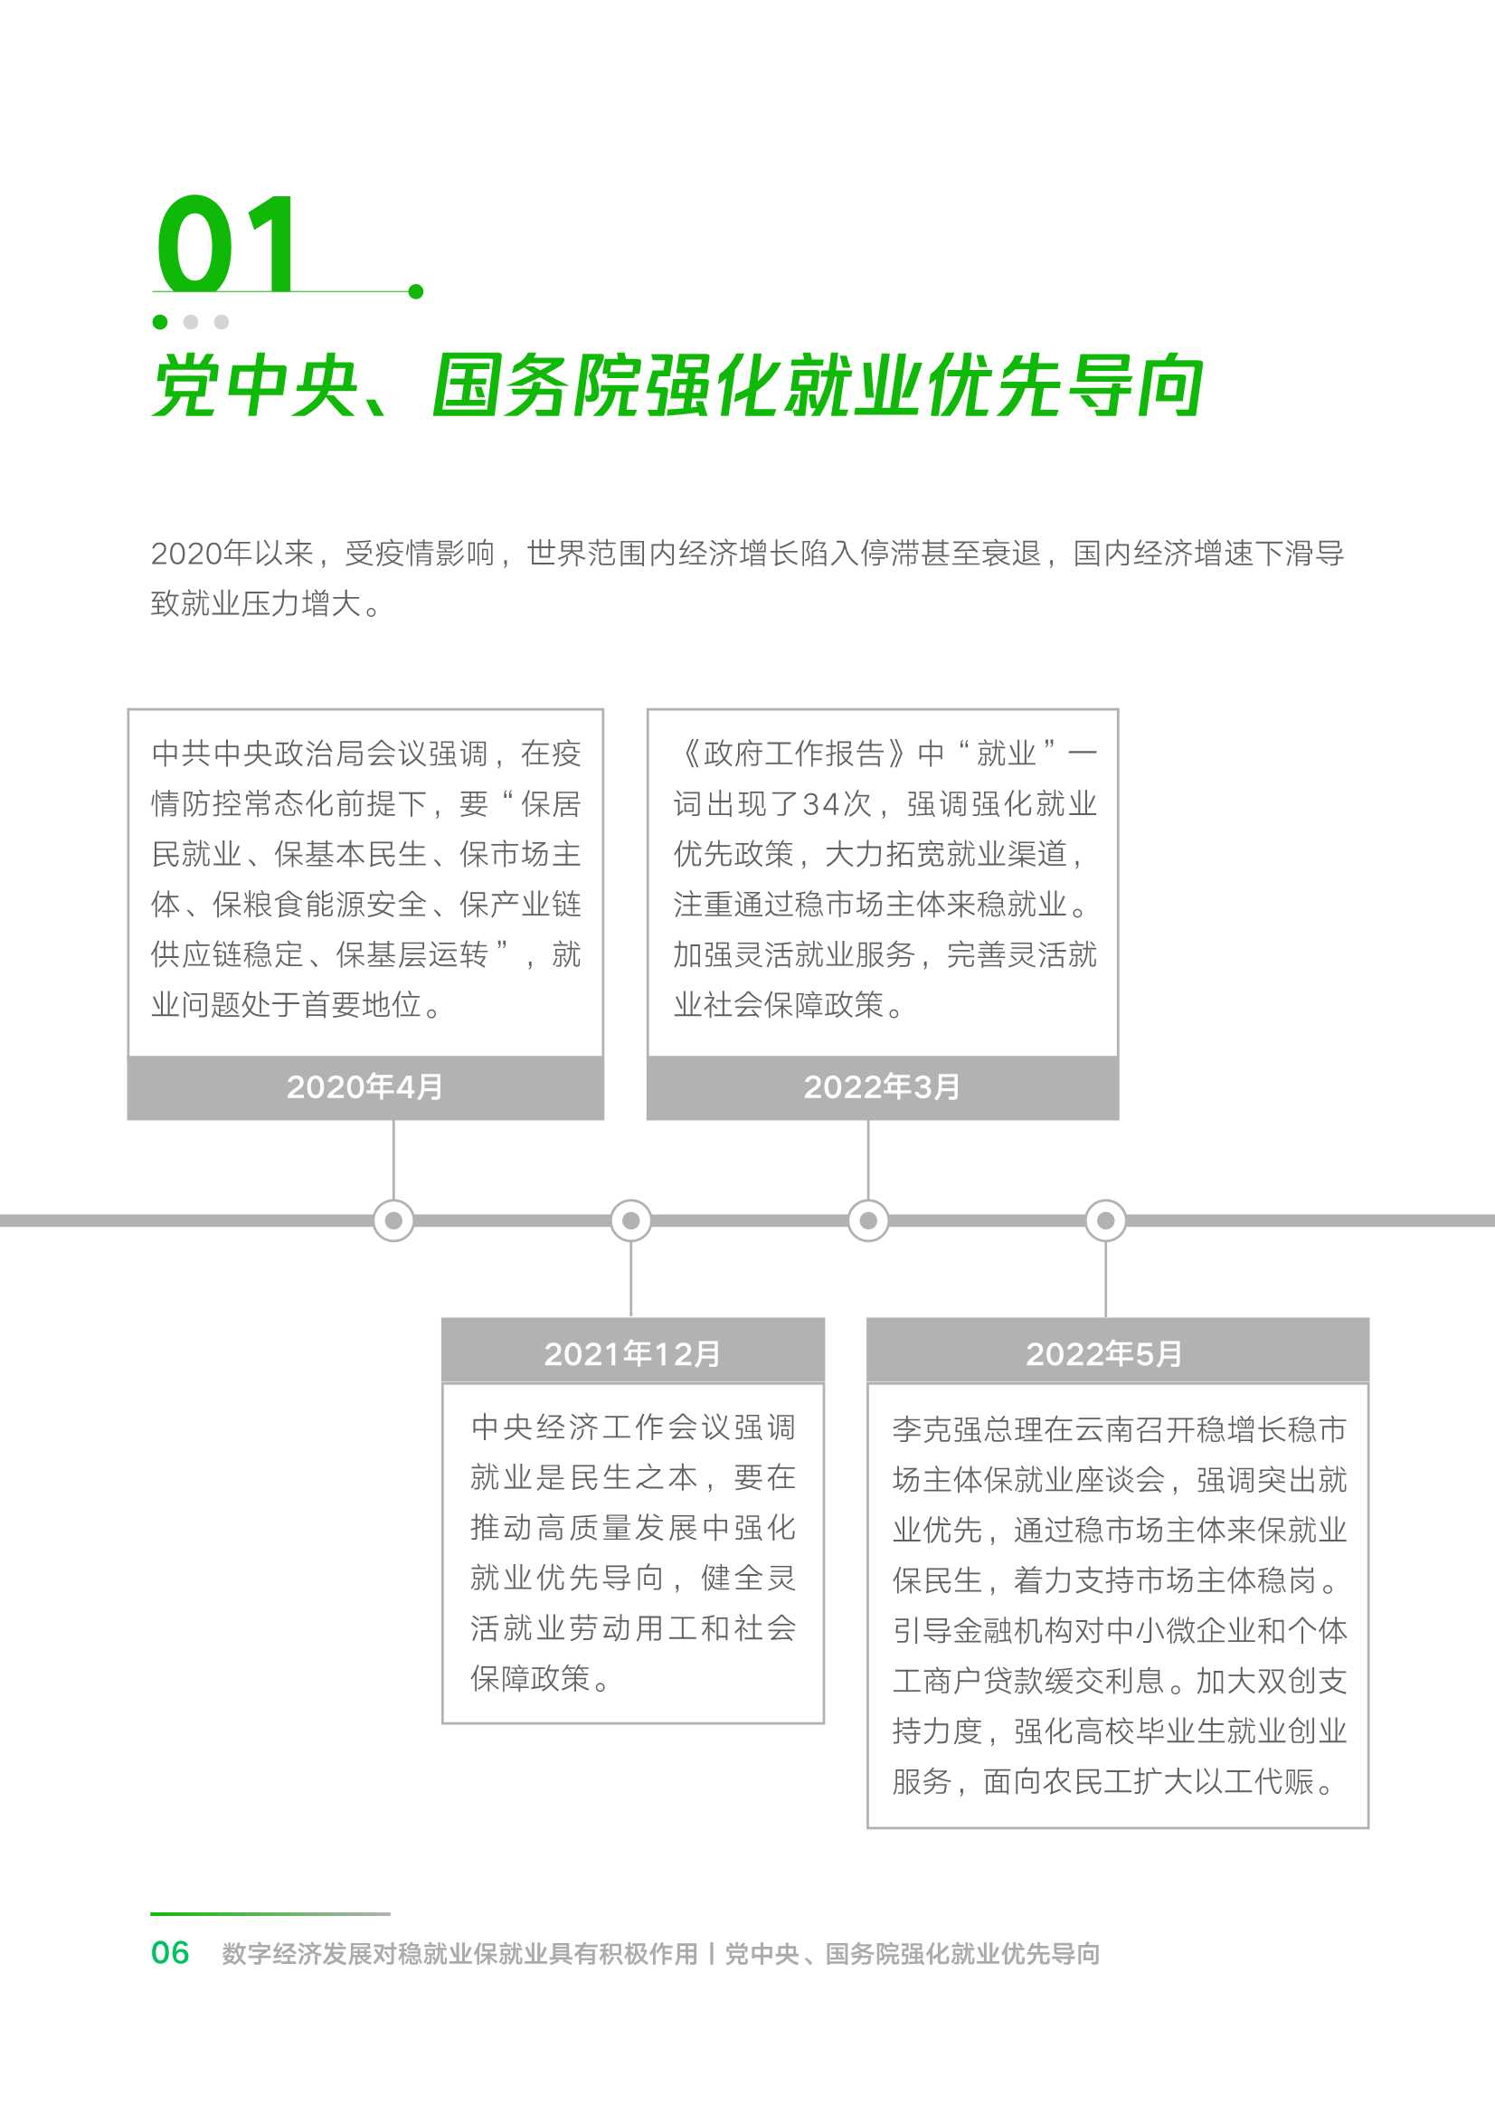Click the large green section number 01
tap(226, 243)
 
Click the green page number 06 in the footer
tap(170, 1952)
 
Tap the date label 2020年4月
tap(364, 1087)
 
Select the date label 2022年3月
tap(882, 1087)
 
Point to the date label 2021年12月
tap(632, 1353)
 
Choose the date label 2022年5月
tap(1103, 1353)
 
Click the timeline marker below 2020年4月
tap(393, 1220)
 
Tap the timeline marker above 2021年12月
tap(631, 1220)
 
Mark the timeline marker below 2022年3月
tap(867, 1220)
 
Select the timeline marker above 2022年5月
tap(1105, 1220)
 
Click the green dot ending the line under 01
tap(415, 291)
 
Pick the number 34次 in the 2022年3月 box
tap(837, 804)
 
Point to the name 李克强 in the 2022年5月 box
tap(938, 1428)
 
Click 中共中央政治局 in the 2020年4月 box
tap(259, 754)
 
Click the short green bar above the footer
tap(270, 1913)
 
